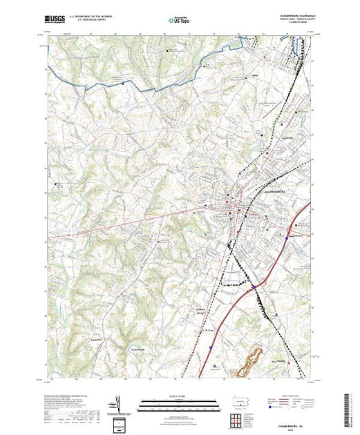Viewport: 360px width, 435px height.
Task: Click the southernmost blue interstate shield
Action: point(210,347)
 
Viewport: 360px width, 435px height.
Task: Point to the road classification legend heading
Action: point(283,396)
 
